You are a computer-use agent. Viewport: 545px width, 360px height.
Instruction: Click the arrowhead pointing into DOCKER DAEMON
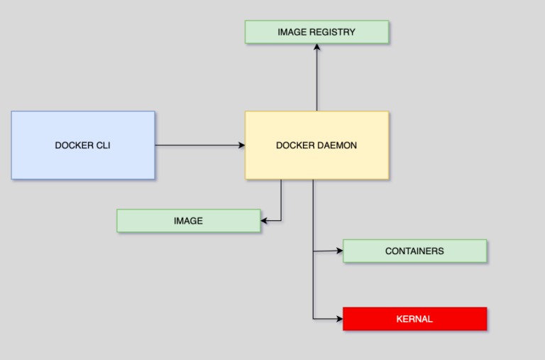(x=241, y=146)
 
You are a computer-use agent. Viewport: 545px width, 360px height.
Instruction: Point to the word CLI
(x=102, y=146)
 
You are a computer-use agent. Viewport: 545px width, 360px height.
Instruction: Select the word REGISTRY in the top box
(x=334, y=32)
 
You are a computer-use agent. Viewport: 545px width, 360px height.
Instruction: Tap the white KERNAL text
(x=414, y=319)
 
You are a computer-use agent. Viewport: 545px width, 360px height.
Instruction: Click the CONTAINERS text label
(x=414, y=251)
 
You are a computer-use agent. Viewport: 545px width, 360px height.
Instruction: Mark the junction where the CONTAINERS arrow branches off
(x=313, y=251)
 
